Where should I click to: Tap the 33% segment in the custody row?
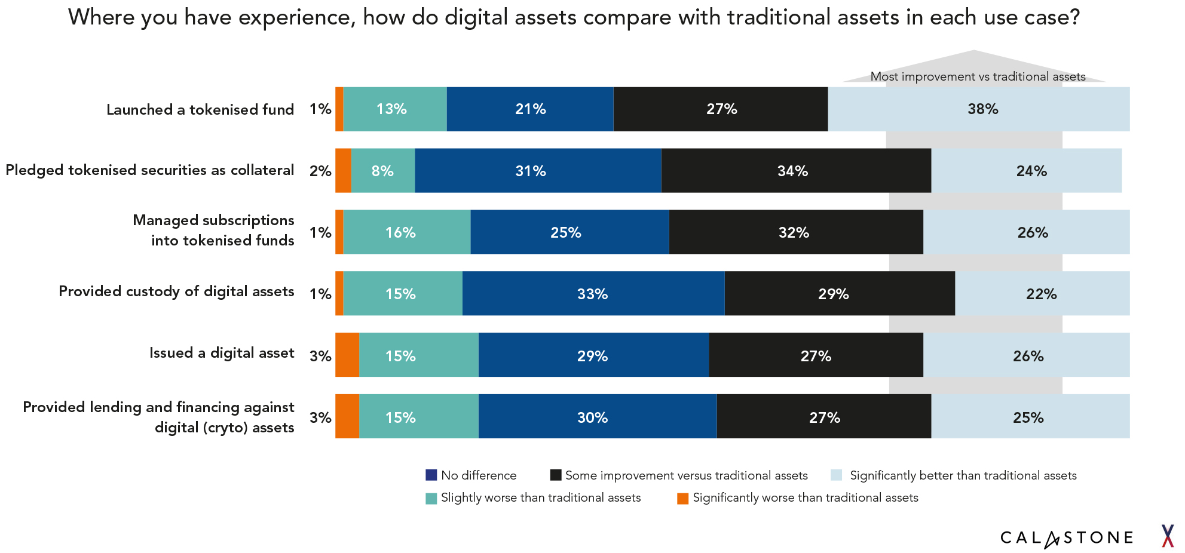pos(593,294)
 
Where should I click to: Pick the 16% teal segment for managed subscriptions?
pos(406,232)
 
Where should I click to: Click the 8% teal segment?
pos(382,171)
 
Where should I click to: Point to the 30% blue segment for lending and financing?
pos(597,417)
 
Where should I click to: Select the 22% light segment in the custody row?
pos(1042,294)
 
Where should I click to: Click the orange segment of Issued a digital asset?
pos(347,355)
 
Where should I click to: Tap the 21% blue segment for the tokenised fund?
pos(530,109)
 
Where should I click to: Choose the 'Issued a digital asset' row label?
pos(222,353)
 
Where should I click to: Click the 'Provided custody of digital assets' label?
pos(176,291)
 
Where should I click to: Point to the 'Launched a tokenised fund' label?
pos(200,110)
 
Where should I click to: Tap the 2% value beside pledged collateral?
pos(320,171)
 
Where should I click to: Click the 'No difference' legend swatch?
pos(431,475)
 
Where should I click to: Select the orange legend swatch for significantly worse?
pos(682,498)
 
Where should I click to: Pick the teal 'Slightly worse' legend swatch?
pos(431,498)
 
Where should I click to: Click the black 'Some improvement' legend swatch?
pos(556,475)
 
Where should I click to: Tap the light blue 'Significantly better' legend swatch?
pos(837,475)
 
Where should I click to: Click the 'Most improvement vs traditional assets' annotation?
pos(978,76)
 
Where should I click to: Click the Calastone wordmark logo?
pos(1067,538)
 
